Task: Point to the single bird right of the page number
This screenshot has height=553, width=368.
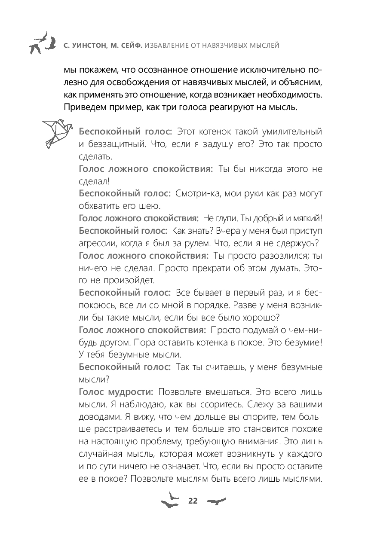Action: (x=216, y=501)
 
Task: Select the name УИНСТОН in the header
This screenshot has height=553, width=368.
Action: (x=92, y=44)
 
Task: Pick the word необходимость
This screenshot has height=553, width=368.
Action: (x=285, y=94)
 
